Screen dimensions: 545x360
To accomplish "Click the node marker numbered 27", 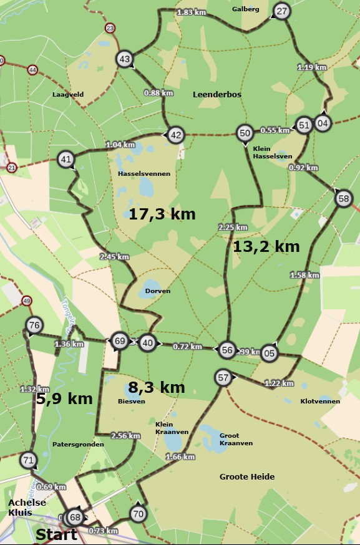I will [x=282, y=11].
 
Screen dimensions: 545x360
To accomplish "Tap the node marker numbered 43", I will [x=125, y=59].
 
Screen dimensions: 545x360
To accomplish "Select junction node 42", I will [x=176, y=135].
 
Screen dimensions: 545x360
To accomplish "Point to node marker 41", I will [x=66, y=160].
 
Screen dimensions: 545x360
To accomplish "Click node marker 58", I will [x=343, y=199].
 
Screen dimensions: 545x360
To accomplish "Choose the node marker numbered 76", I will [x=34, y=325].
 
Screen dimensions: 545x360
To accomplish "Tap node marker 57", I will [x=223, y=377].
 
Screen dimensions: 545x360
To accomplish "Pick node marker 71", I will [x=28, y=461].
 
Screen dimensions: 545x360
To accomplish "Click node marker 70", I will [x=138, y=514].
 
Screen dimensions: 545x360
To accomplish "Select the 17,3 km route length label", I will [x=162, y=215].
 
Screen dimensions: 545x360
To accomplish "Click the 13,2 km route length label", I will [x=266, y=246].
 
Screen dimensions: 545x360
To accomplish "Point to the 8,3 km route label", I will [x=156, y=387].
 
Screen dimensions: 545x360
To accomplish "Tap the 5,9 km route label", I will [x=64, y=398].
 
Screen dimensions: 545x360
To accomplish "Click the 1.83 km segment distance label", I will [x=192, y=12].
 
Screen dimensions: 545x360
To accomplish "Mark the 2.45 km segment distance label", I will [x=114, y=256].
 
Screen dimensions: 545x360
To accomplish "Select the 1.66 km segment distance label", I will [x=180, y=457].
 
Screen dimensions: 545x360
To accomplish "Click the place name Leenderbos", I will [x=217, y=94].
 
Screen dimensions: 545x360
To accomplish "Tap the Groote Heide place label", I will [x=247, y=476].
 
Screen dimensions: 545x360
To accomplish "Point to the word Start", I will [x=56, y=534].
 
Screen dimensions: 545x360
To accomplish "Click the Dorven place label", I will [x=157, y=291].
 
